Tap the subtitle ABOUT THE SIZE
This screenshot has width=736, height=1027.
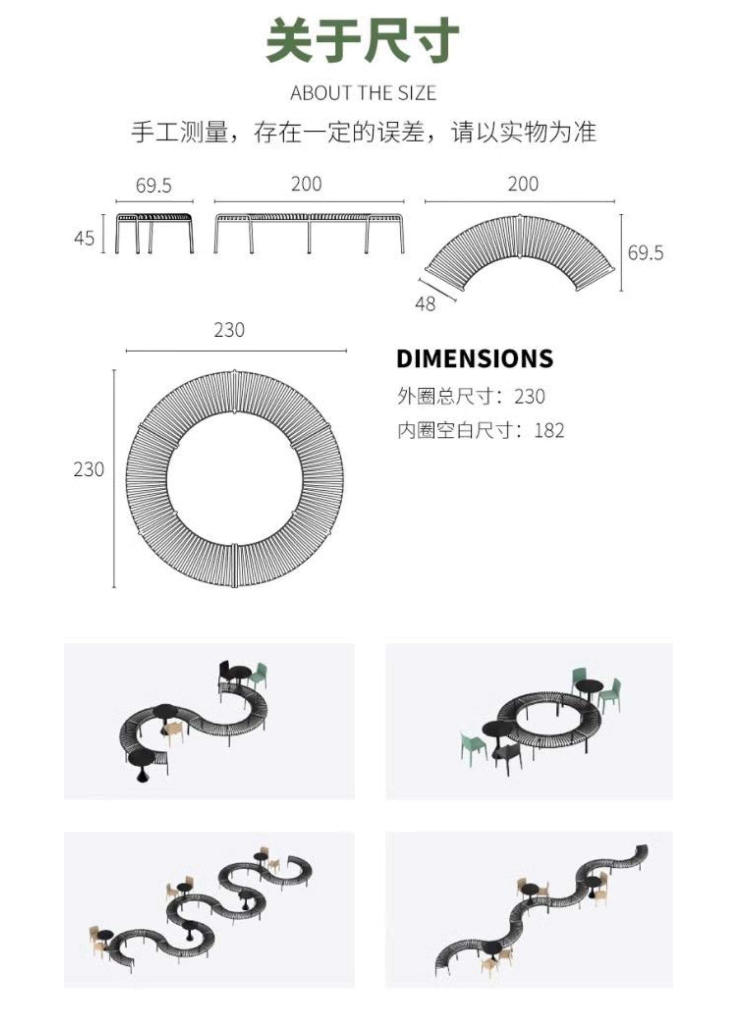click(x=363, y=93)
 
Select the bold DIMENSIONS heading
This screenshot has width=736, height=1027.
click(x=475, y=359)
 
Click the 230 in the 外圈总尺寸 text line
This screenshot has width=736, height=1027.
click(x=529, y=397)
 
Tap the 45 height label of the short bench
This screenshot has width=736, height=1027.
click(x=84, y=238)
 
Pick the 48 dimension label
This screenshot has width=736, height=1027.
click(x=425, y=304)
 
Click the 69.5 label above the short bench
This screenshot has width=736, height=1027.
click(x=154, y=186)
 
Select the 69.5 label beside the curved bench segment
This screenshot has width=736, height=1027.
click(x=645, y=253)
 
